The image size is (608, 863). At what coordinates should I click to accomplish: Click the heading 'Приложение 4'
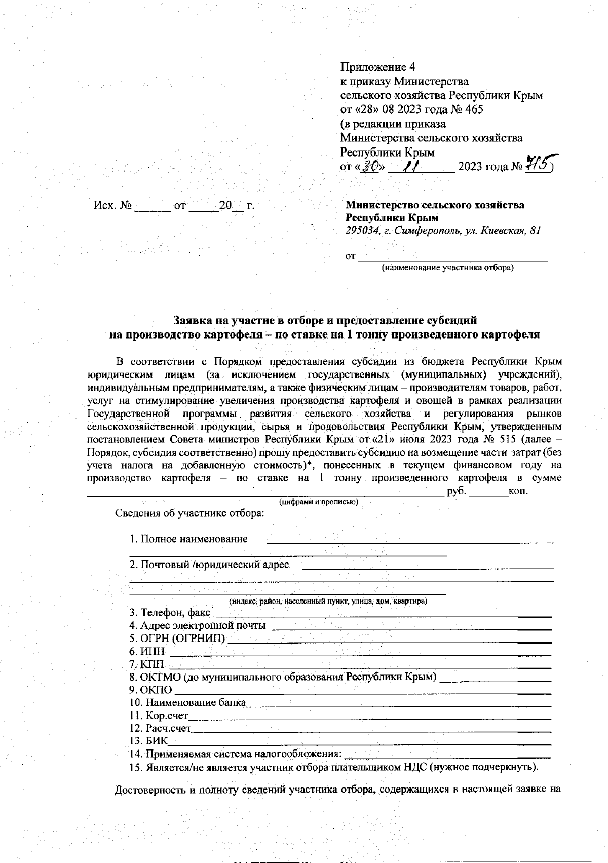click(377, 67)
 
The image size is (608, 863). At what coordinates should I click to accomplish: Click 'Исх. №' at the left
click(112, 206)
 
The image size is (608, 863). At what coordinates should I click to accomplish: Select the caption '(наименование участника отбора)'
click(447, 268)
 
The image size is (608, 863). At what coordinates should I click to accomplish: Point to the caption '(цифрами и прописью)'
click(319, 502)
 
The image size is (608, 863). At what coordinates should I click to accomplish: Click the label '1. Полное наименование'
click(188, 539)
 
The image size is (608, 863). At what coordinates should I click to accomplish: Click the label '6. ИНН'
click(147, 651)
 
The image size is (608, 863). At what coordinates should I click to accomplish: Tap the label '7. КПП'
click(147, 664)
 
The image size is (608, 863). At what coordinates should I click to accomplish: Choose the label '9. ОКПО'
click(150, 690)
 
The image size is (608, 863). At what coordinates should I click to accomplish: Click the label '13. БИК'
click(148, 741)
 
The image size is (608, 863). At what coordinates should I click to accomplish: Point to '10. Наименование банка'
click(187, 703)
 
